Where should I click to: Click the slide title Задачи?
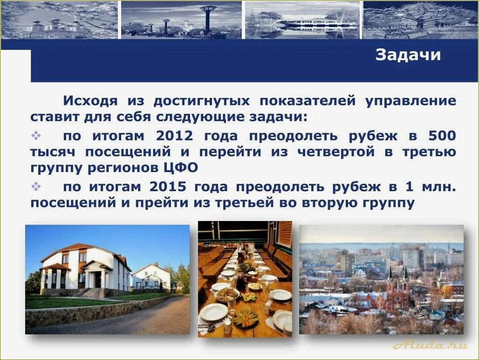(x=408, y=55)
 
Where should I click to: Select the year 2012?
(x=174, y=136)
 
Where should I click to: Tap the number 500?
(x=441, y=136)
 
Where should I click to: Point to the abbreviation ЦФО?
(x=181, y=167)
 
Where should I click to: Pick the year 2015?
(x=168, y=187)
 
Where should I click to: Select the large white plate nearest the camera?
(x=214, y=312)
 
